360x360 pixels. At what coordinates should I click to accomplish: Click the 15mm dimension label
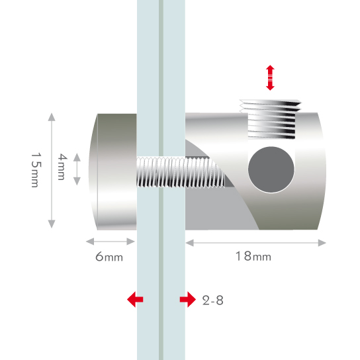click(36, 170)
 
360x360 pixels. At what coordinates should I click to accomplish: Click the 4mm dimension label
click(62, 167)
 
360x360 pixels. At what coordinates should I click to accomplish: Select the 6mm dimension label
click(109, 257)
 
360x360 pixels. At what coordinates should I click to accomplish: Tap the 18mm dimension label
click(253, 256)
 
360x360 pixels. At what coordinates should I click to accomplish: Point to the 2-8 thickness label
click(213, 300)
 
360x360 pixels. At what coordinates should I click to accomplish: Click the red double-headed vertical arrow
click(270, 77)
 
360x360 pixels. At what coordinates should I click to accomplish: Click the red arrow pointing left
click(135, 299)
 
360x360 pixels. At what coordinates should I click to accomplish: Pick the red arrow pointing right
click(188, 299)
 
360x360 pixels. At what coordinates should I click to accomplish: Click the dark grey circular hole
click(271, 169)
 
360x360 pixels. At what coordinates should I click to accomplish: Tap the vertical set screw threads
click(271, 119)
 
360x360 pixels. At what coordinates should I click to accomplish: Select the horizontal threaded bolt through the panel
click(181, 172)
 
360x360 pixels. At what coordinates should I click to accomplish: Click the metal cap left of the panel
click(112, 172)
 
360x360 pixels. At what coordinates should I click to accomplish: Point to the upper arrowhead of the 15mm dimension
click(52, 117)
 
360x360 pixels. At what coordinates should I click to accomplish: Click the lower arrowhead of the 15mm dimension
click(52, 224)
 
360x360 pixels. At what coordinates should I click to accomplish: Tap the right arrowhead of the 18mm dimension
click(322, 243)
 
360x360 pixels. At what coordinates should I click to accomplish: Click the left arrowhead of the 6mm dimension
click(90, 242)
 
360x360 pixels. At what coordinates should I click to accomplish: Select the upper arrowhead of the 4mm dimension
click(77, 157)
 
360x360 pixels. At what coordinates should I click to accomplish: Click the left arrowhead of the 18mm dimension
click(190, 243)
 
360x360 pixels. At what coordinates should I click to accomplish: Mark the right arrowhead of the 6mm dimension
click(130, 242)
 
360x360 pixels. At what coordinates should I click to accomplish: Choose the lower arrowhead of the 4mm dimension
click(77, 181)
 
